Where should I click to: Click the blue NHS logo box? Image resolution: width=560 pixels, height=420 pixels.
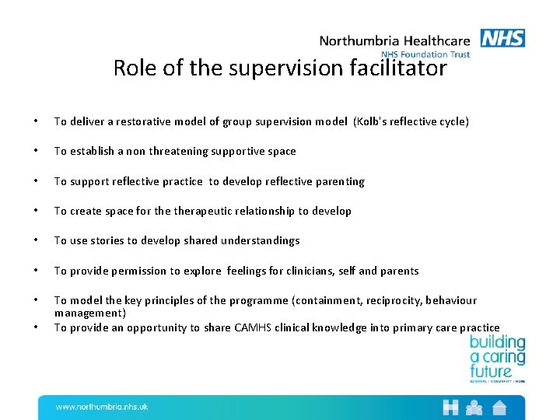(x=502, y=38)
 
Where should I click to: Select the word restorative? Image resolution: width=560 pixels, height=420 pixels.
(x=137, y=121)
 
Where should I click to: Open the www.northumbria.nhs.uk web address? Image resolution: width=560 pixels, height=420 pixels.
(x=101, y=407)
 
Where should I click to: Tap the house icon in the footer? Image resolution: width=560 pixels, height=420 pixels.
(x=499, y=407)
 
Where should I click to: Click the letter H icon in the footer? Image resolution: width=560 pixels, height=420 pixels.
(x=450, y=407)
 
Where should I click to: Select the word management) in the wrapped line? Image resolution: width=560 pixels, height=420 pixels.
(x=89, y=313)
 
